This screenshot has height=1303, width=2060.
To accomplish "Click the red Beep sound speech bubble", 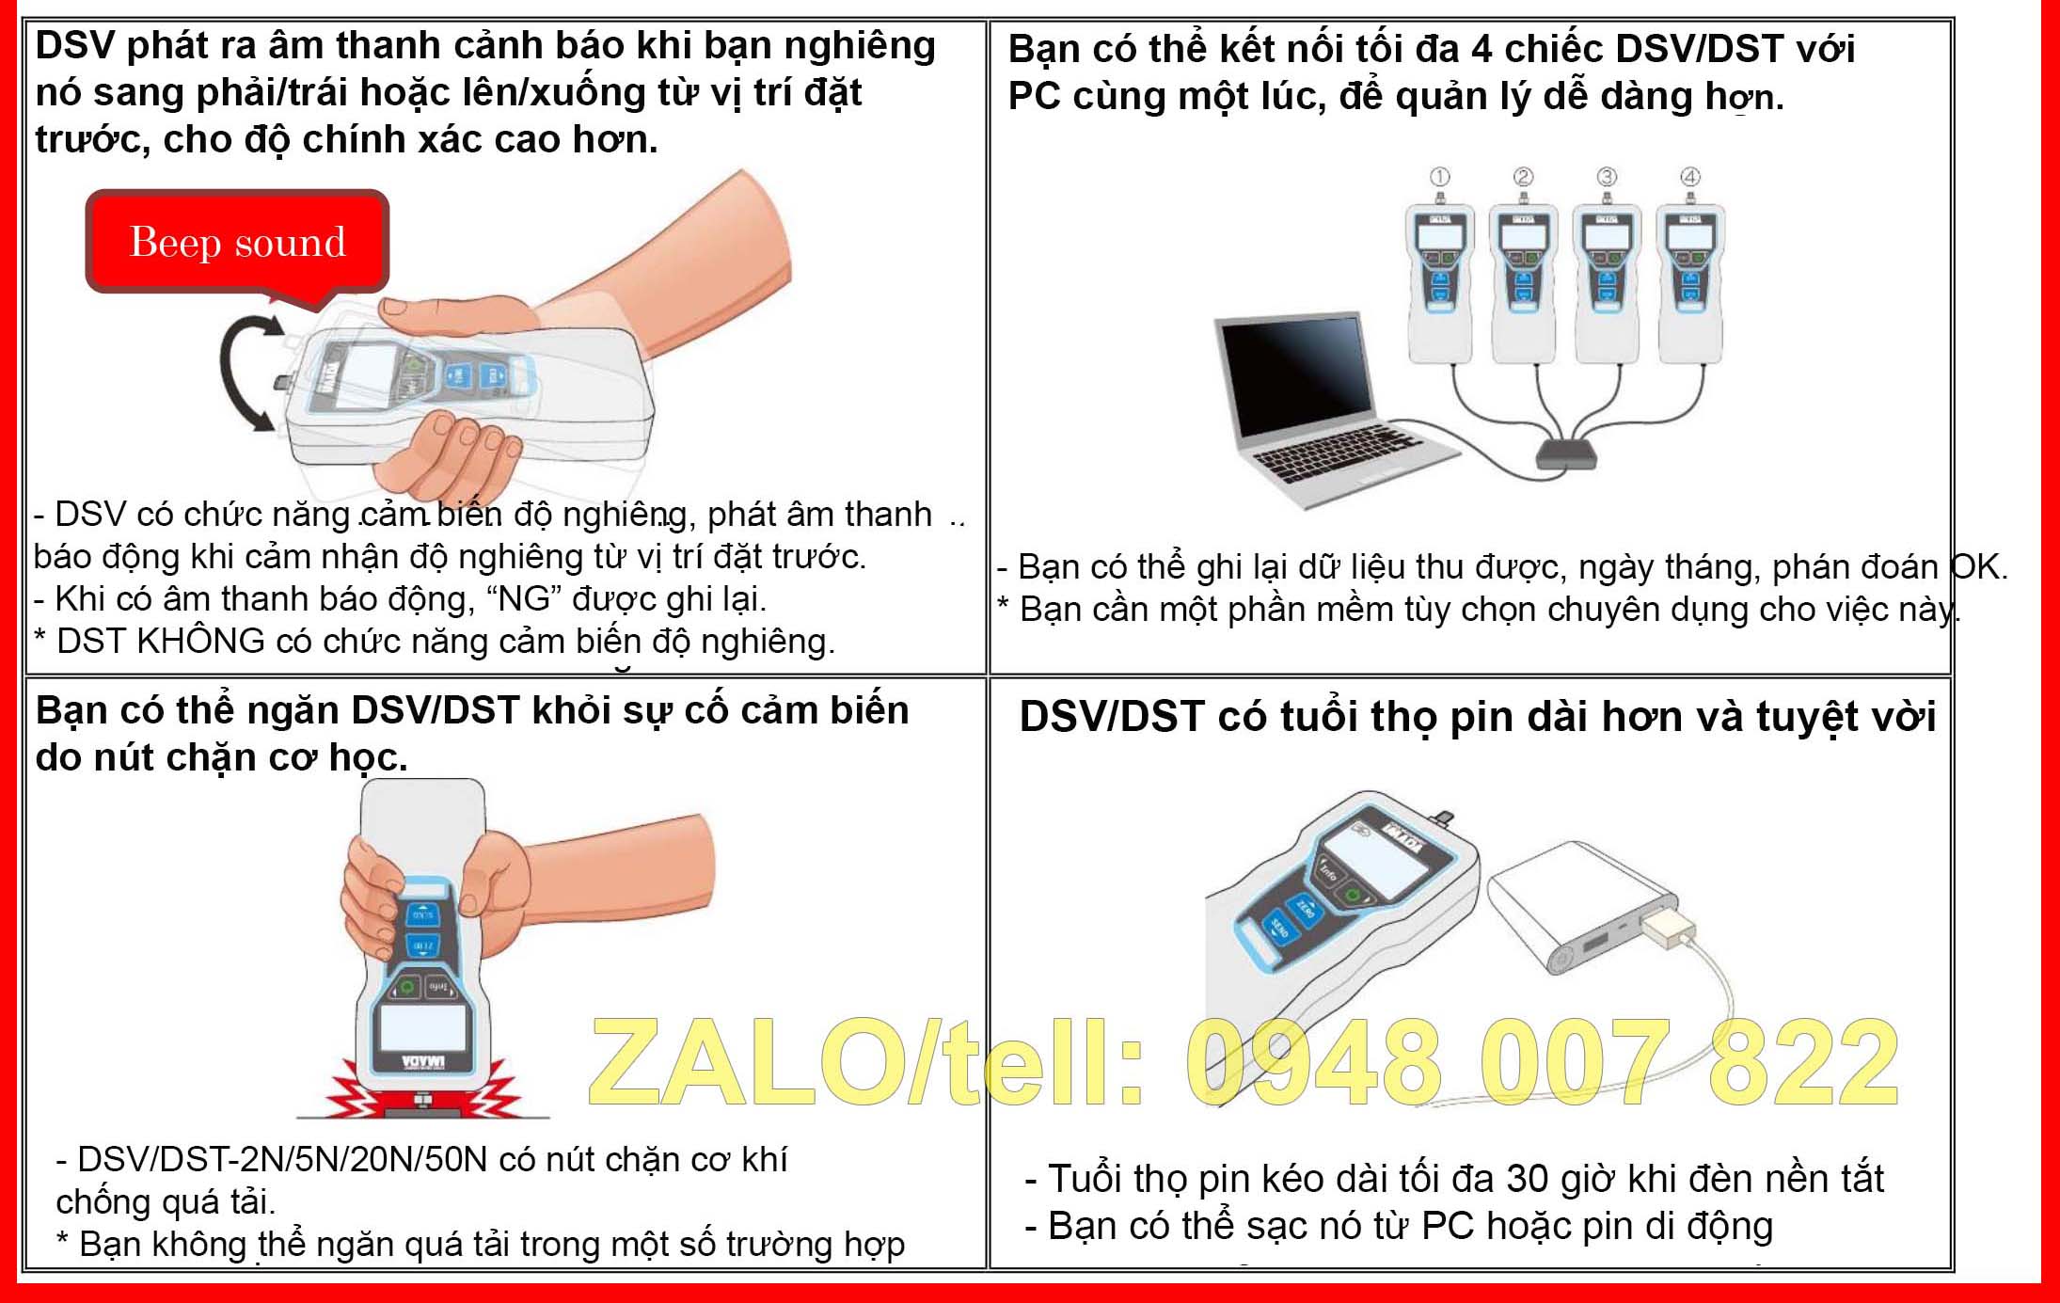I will pyautogui.click(x=237, y=242).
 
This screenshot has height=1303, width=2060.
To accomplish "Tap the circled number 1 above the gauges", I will pyautogui.click(x=1439, y=177).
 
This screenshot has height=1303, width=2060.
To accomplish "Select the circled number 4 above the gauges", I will pyautogui.click(x=1690, y=177).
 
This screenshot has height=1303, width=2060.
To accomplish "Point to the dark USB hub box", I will pyautogui.click(x=1566, y=453).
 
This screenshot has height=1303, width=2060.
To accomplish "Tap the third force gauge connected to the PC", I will pyautogui.click(x=1606, y=282).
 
